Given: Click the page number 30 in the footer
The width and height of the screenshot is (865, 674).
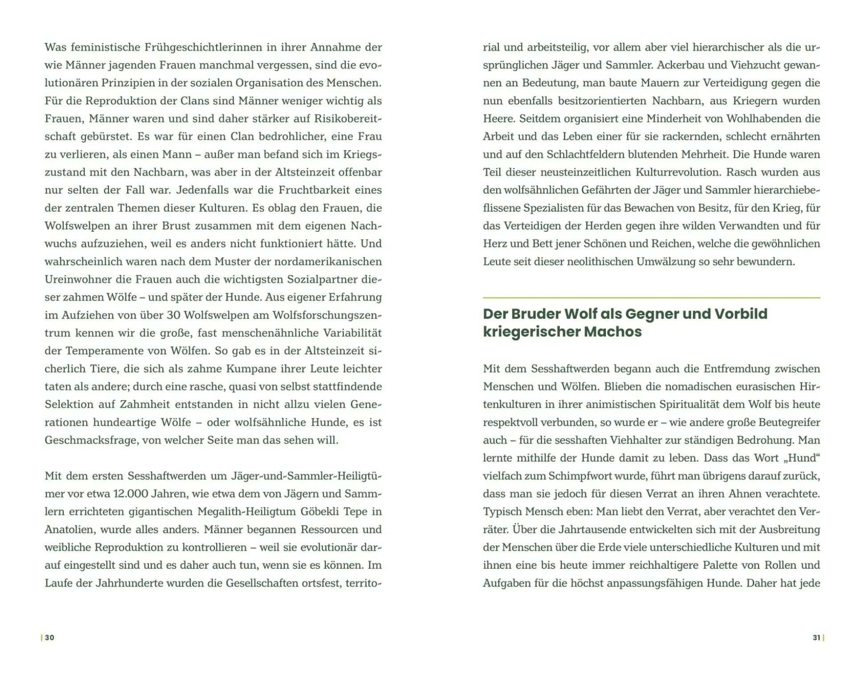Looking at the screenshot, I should point(49,637).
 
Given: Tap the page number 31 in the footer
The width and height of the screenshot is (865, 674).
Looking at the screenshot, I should point(816,637).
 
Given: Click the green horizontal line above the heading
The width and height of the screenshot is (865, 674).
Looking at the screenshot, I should point(651,298).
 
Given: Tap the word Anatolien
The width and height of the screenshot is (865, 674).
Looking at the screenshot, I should point(69,529).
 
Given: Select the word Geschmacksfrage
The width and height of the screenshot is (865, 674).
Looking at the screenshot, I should point(91,440).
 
